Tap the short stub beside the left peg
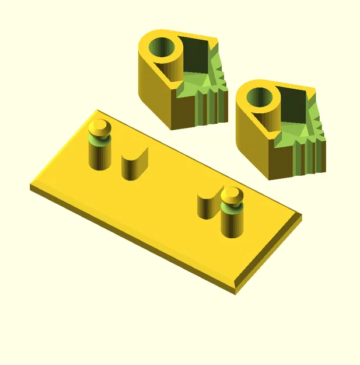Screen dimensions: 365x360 click(x=135, y=164)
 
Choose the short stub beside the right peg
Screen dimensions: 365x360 click(x=207, y=206)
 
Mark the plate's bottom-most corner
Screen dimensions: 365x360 click(x=236, y=290)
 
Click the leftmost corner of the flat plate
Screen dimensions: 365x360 click(x=32, y=186)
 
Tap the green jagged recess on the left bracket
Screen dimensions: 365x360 click(x=204, y=82)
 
